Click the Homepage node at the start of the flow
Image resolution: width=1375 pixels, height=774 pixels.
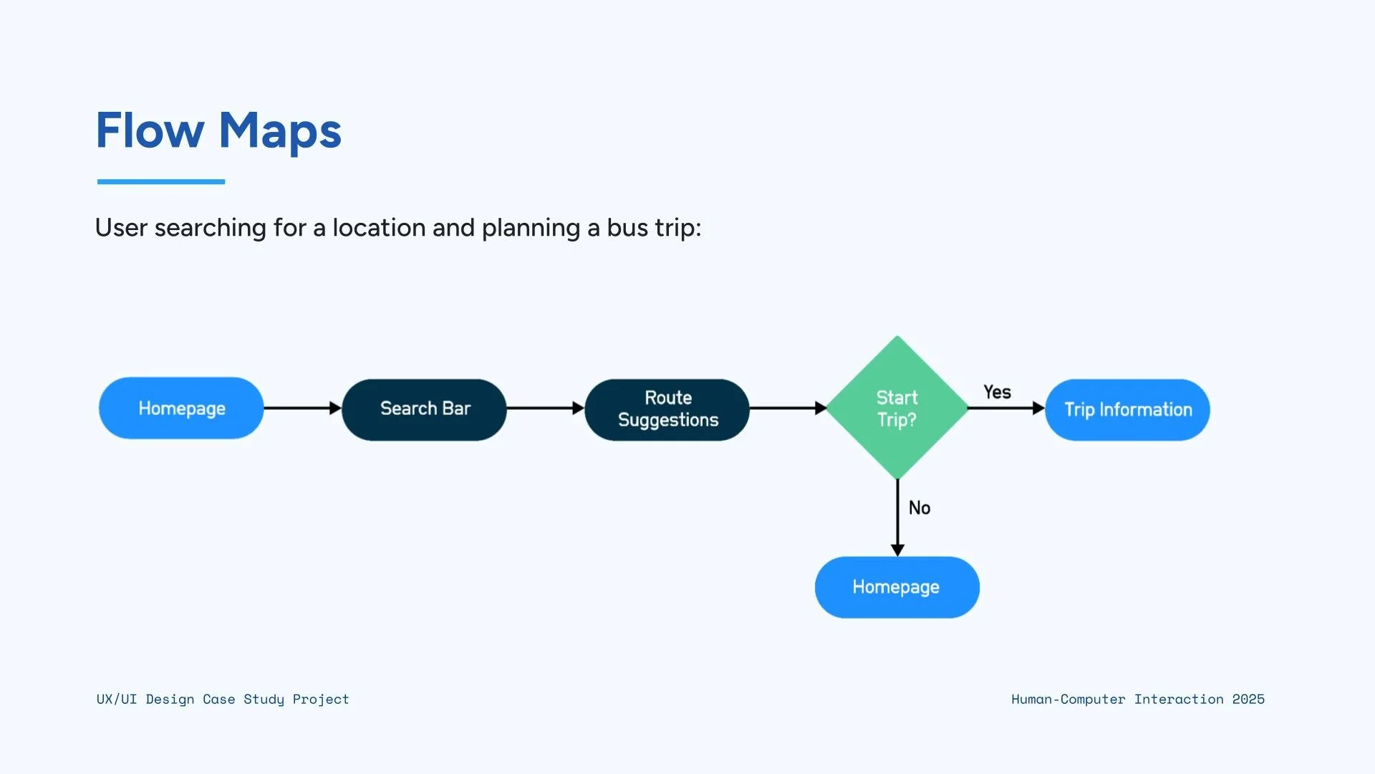point(181,408)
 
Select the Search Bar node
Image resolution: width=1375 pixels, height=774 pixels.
point(425,409)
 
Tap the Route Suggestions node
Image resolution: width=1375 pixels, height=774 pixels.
point(667,409)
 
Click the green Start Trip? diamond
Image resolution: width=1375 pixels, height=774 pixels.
point(897,408)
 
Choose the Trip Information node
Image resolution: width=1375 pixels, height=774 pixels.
point(1127,410)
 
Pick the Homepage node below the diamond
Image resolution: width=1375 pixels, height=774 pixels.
point(897,587)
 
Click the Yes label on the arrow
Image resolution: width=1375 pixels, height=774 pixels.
point(997,392)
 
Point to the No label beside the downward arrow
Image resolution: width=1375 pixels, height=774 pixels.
point(920,508)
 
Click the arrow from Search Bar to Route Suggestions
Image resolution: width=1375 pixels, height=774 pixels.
point(545,408)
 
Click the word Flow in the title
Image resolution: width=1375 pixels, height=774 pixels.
point(150,131)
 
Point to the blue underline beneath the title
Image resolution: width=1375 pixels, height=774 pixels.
point(161,182)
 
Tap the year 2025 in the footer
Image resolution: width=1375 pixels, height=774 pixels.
point(1248,699)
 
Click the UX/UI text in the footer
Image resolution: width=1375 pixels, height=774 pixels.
point(116,699)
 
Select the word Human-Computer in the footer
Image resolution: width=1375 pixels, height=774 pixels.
point(1068,699)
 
